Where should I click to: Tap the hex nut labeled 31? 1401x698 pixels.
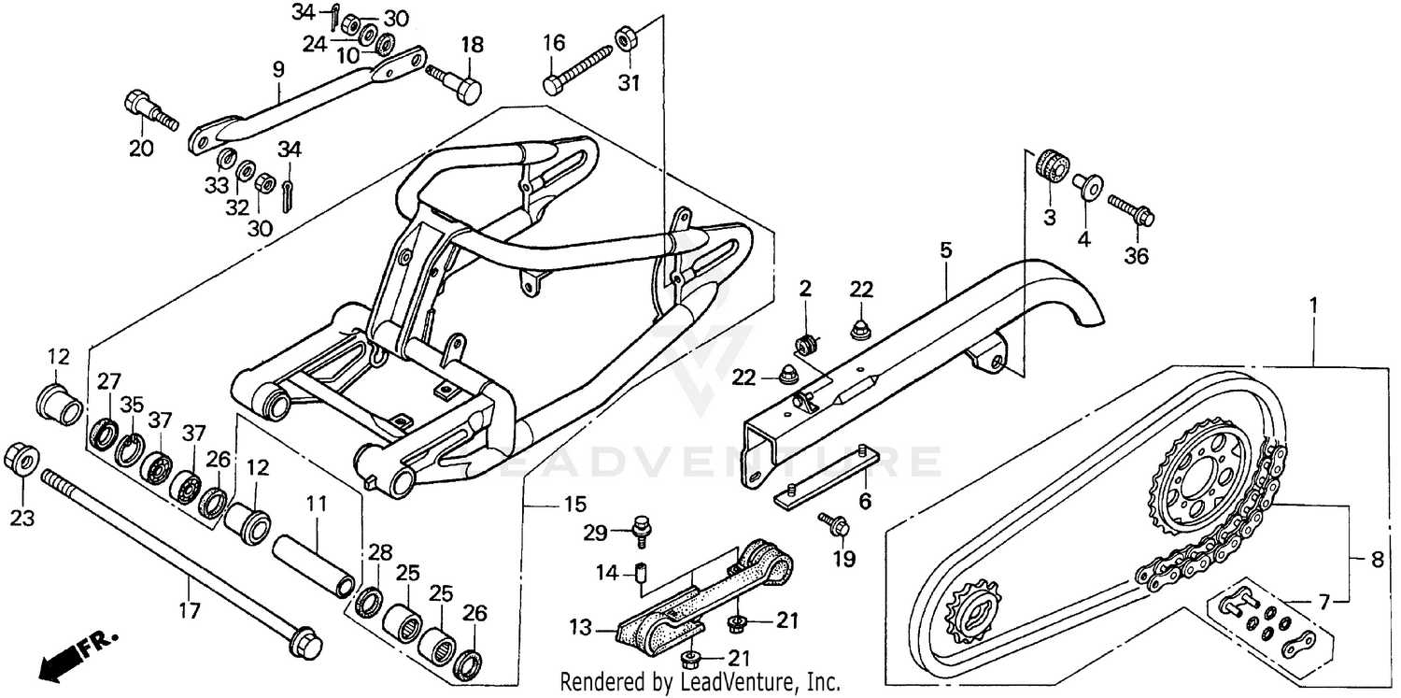(623, 39)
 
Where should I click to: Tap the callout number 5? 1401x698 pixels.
(945, 249)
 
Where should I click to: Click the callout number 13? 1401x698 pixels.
(582, 628)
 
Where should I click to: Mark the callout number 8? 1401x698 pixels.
(1377, 562)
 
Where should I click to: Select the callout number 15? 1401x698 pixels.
(575, 506)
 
